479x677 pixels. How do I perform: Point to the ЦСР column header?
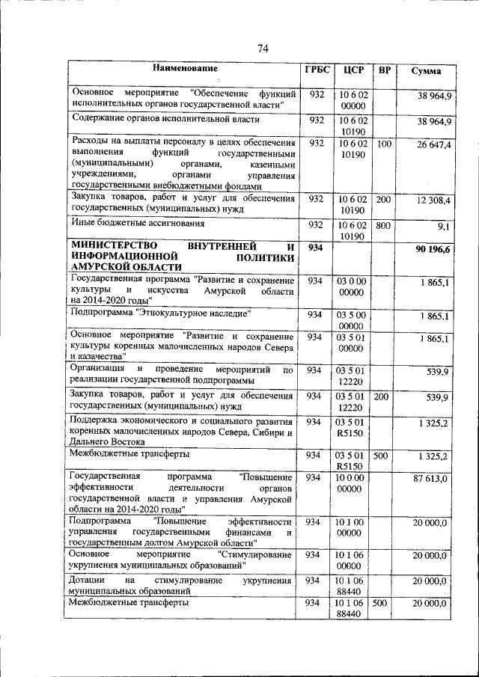[x=353, y=70]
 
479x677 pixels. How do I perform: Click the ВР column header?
[x=384, y=71]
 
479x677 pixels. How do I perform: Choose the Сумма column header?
[x=426, y=72]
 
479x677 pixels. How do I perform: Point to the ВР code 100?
[x=383, y=144]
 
